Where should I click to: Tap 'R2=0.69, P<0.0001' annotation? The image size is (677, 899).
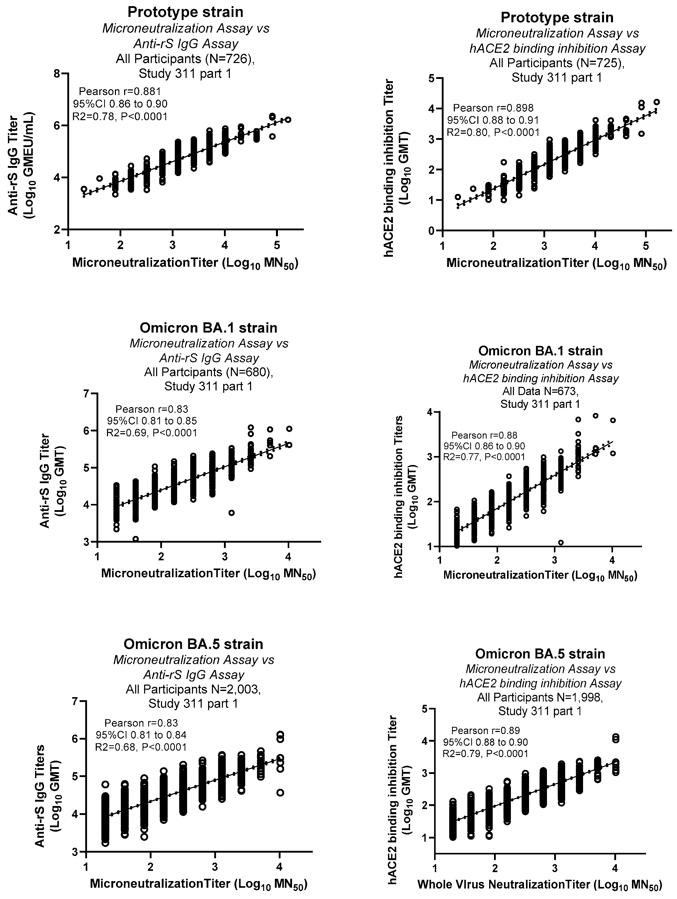(152, 432)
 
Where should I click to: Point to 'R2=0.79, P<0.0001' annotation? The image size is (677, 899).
(485, 753)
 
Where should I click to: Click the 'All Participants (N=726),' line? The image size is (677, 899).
(185, 59)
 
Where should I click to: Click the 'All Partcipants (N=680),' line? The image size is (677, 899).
(208, 372)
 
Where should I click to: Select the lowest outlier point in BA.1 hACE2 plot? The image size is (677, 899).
(561, 542)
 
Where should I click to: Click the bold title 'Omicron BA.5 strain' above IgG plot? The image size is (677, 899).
(193, 644)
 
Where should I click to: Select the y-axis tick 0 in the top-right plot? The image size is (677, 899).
(433, 231)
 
